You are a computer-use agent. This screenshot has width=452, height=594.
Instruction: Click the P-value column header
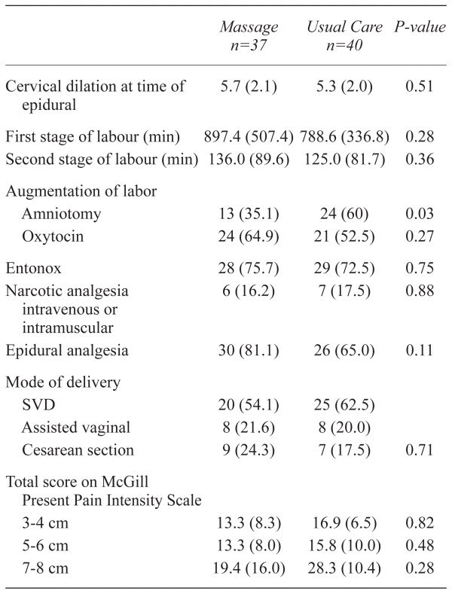tap(420, 27)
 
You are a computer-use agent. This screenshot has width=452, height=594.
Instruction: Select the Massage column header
tap(249, 36)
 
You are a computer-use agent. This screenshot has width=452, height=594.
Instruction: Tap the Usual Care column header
tap(344, 36)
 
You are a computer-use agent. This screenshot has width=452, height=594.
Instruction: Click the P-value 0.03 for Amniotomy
tap(420, 214)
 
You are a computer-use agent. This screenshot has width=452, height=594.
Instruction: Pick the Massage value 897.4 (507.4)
tap(249, 137)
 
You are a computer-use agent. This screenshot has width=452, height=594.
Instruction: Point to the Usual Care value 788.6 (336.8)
tap(344, 137)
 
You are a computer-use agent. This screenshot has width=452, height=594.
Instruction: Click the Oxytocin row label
tap(53, 236)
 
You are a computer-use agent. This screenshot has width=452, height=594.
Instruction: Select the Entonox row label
tap(33, 268)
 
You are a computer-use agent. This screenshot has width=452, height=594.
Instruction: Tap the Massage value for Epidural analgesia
tap(249, 350)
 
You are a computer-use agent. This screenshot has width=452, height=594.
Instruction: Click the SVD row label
tap(38, 405)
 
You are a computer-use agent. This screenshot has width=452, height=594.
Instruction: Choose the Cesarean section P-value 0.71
tap(420, 450)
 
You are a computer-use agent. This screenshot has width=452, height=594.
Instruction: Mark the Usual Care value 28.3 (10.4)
tap(344, 568)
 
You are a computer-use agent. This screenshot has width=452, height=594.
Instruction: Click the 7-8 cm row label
tap(45, 568)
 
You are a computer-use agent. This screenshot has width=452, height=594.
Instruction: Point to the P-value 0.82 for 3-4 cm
tap(420, 522)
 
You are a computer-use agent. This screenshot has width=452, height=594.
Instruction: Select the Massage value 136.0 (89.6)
tap(249, 159)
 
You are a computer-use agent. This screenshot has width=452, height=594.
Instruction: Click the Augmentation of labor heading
tap(81, 191)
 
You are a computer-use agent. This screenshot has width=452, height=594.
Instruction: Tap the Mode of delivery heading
tap(63, 382)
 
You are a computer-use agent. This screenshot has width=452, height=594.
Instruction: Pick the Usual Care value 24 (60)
tap(344, 214)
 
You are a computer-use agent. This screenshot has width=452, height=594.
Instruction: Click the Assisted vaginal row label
tap(76, 428)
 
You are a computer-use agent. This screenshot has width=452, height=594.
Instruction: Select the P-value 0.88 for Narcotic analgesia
tap(420, 291)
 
